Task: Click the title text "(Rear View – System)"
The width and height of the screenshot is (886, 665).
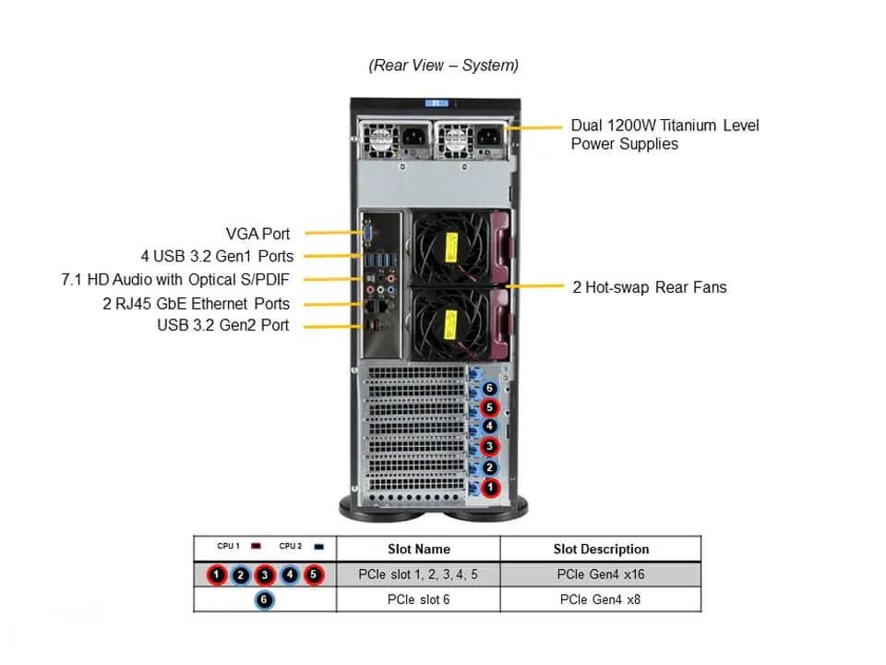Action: (x=443, y=66)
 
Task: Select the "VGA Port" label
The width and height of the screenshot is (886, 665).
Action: (x=257, y=234)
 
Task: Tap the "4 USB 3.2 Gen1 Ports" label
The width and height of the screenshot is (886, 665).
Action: (x=217, y=256)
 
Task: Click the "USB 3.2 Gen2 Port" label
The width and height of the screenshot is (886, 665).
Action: (x=222, y=325)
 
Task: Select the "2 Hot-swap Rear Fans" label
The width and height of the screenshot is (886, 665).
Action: (x=649, y=287)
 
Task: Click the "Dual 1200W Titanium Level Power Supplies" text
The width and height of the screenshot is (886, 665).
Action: (x=664, y=134)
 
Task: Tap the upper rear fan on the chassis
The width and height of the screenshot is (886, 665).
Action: (x=449, y=247)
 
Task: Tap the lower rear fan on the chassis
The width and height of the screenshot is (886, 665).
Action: (x=449, y=322)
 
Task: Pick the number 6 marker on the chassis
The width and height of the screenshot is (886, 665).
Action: (x=489, y=389)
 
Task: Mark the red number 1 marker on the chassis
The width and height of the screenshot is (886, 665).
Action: (x=490, y=487)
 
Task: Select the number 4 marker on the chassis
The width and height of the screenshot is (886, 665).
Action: (x=489, y=428)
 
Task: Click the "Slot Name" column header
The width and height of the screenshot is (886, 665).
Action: (x=418, y=549)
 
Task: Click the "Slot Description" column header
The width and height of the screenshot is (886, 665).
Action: (x=601, y=549)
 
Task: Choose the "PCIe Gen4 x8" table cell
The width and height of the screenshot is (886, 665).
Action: (x=601, y=599)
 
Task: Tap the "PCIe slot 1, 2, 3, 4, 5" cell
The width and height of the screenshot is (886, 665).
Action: (x=418, y=574)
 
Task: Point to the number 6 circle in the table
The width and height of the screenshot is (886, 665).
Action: (x=265, y=599)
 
